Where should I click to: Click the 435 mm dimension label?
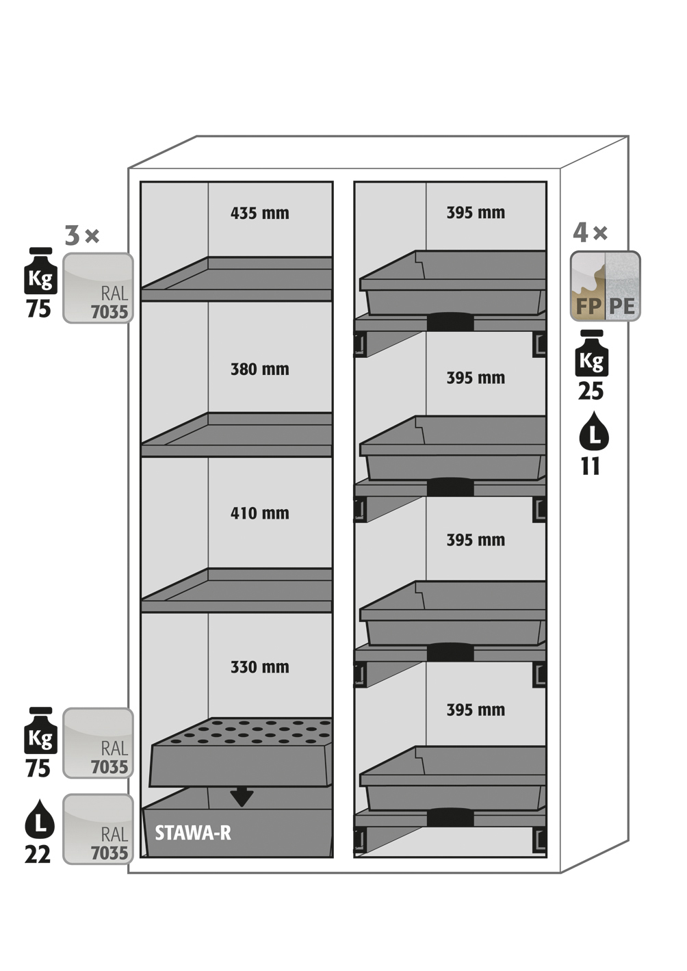[259, 213]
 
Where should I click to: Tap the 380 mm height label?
[259, 370]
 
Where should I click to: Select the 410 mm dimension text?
[259, 513]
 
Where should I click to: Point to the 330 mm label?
[259, 667]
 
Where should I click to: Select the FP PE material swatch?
[605, 286]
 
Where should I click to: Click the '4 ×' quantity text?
[590, 233]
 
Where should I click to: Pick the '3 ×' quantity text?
[82, 235]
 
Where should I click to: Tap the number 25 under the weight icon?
[591, 391]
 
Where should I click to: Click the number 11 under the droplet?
[591, 467]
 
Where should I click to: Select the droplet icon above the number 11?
[593, 432]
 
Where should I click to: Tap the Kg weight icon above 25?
[592, 354]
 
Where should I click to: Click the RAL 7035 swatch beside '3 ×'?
[98, 288]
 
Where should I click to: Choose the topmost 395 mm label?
[476, 213]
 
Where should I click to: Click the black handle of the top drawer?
[450, 322]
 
